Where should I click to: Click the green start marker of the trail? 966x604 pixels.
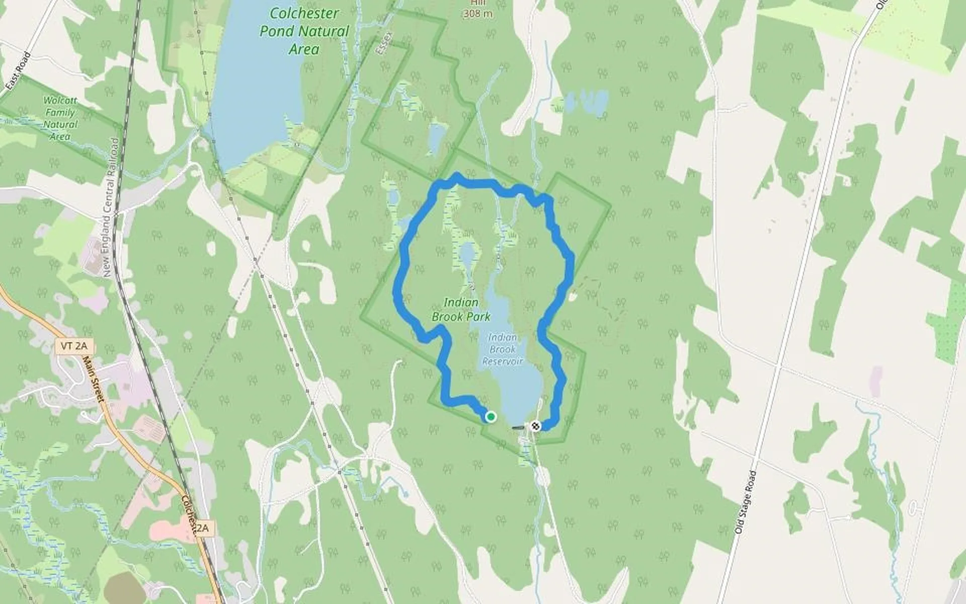[x=491, y=417]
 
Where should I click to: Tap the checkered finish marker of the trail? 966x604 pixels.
[x=535, y=426]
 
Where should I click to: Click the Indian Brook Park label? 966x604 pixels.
[x=461, y=310]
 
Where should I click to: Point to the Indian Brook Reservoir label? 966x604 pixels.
[x=503, y=349]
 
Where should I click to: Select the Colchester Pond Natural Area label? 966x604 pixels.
[x=303, y=31]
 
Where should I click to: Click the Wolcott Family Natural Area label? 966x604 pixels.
[x=60, y=119]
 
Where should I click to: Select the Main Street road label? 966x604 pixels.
[x=93, y=379]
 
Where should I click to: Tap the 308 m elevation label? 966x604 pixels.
[x=477, y=14]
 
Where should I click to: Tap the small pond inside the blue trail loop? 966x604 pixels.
[x=468, y=255]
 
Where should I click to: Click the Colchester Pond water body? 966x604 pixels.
[x=252, y=86]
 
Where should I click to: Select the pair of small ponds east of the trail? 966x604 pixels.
[x=586, y=102]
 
